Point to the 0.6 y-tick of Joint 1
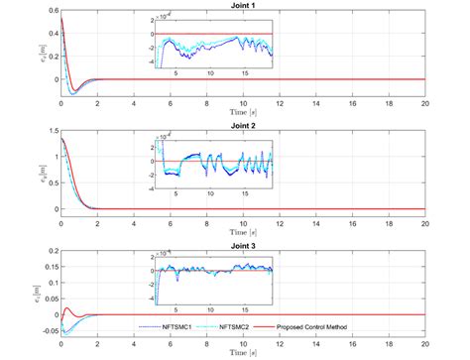pyautogui.click(x=50, y=11)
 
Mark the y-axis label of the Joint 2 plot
pyautogui.click(x=38, y=175)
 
